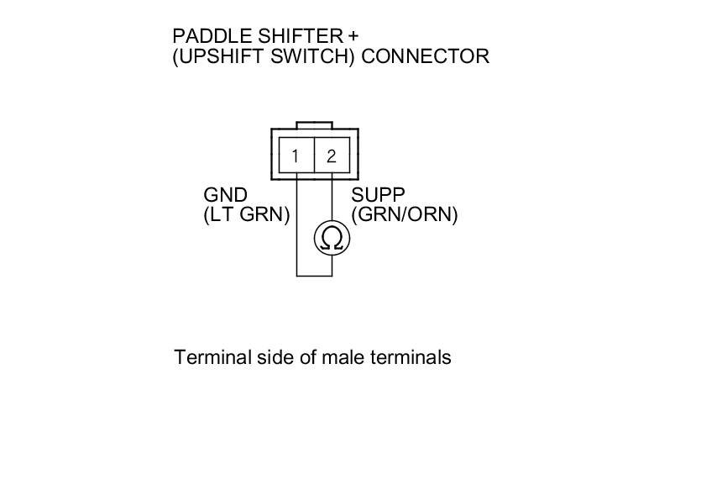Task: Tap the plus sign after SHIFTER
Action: [353, 37]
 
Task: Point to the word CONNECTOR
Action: [425, 57]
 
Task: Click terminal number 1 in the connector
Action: [296, 156]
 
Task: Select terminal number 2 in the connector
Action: [332, 156]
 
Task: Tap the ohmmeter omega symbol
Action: [332, 239]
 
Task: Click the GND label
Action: [225, 196]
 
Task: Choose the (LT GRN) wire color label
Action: [246, 215]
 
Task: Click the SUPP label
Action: [378, 196]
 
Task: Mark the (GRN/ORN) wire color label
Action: [405, 215]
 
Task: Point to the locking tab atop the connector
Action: [315, 124]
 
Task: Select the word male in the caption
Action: [342, 357]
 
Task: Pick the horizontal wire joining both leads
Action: [314, 275]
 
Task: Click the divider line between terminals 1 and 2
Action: [314, 155]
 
